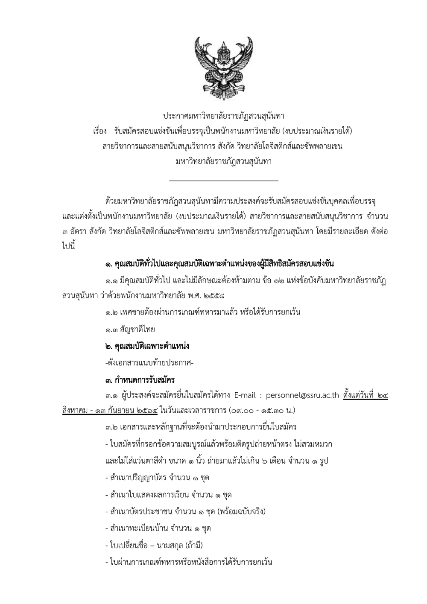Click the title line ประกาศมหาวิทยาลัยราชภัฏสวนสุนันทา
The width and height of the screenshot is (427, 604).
click(224, 116)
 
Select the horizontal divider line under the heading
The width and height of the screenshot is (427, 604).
click(224, 181)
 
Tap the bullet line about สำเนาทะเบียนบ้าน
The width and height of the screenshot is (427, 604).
click(158, 528)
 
